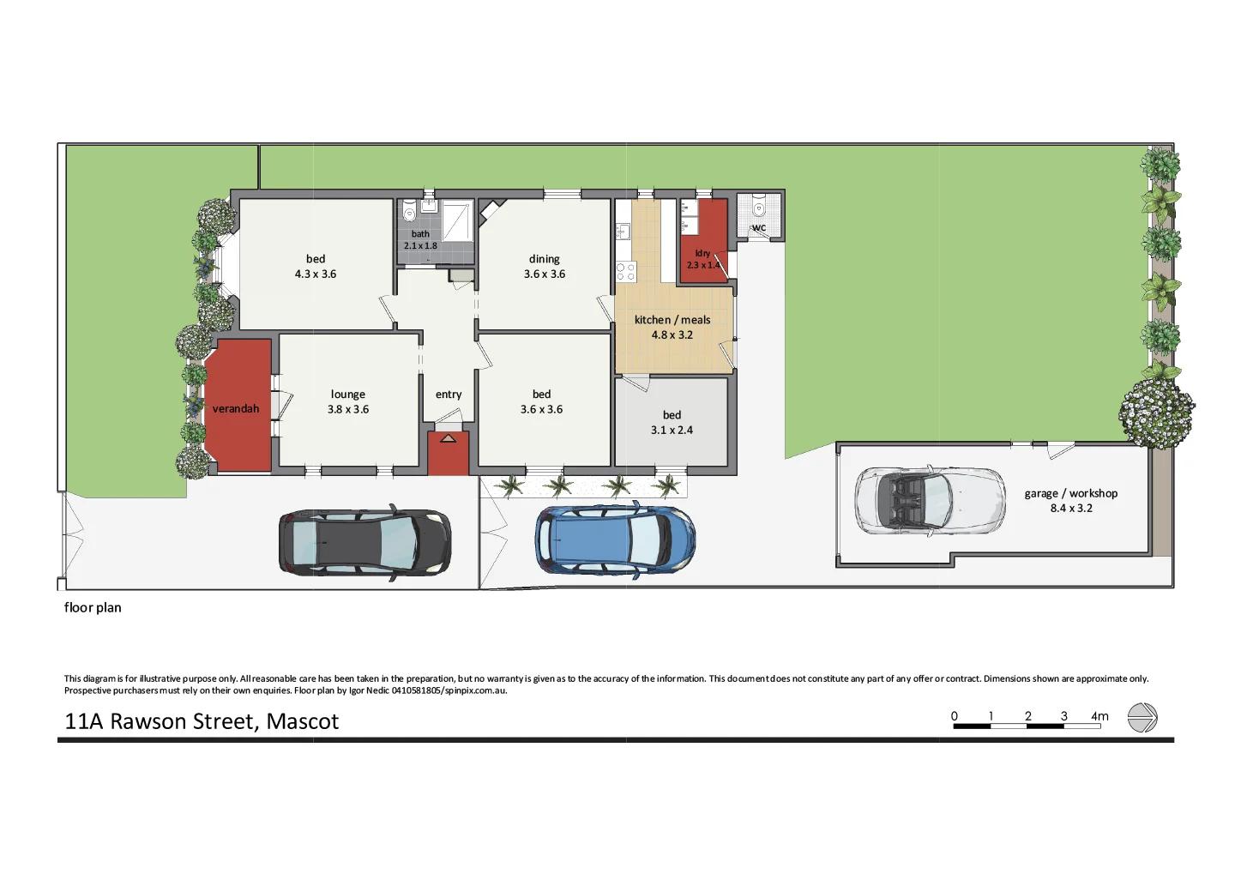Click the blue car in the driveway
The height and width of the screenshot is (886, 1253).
pos(614,539)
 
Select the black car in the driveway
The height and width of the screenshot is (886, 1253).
pos(364,542)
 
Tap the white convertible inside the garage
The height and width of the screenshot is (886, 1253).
pos(930,501)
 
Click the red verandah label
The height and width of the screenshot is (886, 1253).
pos(236,409)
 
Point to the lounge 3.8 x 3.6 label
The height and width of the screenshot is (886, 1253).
pos(348,402)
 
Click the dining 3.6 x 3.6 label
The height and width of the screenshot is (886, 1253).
pos(545,267)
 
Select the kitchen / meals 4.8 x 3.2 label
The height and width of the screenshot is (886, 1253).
pos(672,328)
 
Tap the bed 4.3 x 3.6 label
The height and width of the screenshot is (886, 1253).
pos(316,267)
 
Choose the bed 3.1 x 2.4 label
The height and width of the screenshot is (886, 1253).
pos(672,423)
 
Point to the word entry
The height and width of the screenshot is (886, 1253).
pos(449,395)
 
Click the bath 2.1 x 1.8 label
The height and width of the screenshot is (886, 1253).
pos(420,240)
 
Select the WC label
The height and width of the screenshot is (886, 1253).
pos(759,228)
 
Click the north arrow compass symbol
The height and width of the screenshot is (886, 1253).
pos(1142,718)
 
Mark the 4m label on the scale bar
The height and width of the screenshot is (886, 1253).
pos(1099,716)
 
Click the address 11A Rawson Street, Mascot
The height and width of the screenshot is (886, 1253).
pos(202,721)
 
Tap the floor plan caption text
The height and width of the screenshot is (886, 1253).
pos(93,607)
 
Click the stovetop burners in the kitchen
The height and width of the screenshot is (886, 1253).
pos(626,272)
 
